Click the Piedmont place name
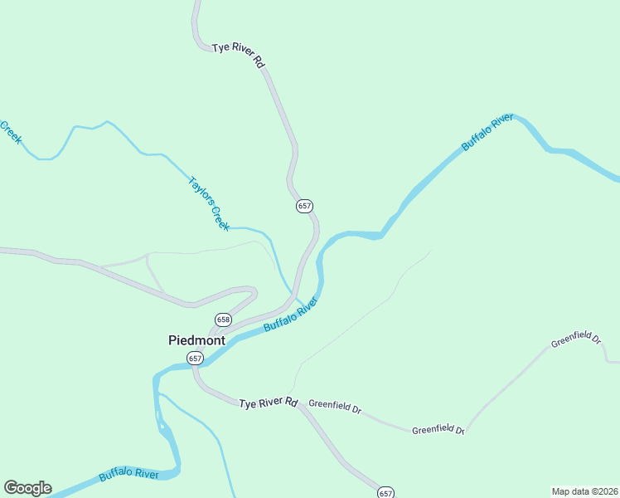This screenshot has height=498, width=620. click(196, 339)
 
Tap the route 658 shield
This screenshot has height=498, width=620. click(223, 320)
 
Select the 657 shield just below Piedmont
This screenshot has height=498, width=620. click(195, 359)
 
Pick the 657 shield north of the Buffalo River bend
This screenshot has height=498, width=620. click(304, 206)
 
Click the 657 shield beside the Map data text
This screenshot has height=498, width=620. click(385, 493)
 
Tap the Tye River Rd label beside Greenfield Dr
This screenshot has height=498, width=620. click(268, 403)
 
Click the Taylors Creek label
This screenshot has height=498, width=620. click(207, 203)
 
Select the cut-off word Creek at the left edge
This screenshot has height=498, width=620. click(10, 132)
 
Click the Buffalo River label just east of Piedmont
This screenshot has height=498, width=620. click(291, 316)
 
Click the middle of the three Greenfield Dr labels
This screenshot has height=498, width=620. click(439, 429)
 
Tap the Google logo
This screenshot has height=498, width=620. click(27, 488)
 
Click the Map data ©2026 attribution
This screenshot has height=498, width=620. click(584, 491)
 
